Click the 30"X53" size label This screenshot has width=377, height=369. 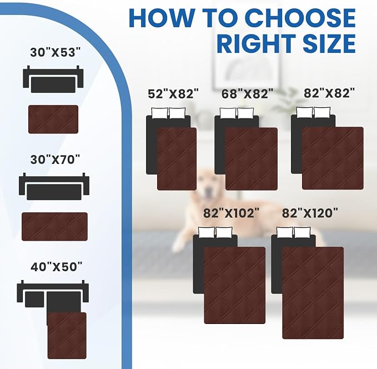[x=55, y=52]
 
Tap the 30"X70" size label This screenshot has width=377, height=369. [x=55, y=159]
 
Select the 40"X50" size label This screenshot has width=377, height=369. [x=56, y=267]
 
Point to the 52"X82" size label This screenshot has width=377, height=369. [x=174, y=93]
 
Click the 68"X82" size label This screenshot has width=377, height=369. [x=248, y=93]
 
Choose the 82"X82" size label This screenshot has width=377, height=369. [x=329, y=93]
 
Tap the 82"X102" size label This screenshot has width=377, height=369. [x=232, y=213]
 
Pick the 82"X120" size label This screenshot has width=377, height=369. [x=310, y=213]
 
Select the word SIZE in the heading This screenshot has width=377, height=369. [x=329, y=43]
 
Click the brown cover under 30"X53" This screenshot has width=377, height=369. [x=53, y=119]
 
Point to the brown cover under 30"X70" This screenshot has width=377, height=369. [x=54, y=227]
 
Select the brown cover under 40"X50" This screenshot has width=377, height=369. [x=67, y=336]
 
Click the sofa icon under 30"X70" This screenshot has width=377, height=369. [x=54, y=187]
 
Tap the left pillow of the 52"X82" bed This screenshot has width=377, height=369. [x=160, y=113]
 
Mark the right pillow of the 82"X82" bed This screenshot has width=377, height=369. [x=322, y=112]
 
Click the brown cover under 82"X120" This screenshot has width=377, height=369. [x=313, y=293]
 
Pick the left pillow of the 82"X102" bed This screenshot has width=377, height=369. [x=207, y=232]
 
